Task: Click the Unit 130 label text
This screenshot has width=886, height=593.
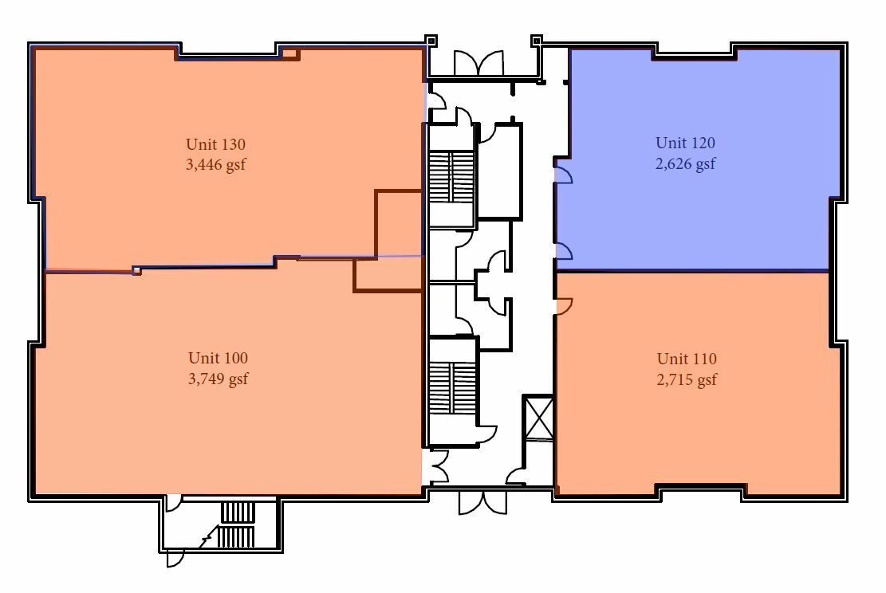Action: tap(215, 144)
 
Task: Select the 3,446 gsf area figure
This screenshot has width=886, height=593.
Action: tap(215, 165)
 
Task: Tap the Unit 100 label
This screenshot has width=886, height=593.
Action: tap(218, 358)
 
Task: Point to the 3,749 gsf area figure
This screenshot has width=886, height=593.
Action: tap(218, 379)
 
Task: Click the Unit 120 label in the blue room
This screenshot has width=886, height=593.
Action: tap(685, 143)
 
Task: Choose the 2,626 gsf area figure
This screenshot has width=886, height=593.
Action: tap(685, 163)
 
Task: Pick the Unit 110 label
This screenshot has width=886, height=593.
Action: tap(687, 359)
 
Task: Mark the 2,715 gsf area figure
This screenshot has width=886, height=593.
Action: tap(687, 379)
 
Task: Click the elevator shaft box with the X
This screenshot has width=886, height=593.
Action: tap(538, 418)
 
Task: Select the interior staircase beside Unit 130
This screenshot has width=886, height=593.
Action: tap(451, 177)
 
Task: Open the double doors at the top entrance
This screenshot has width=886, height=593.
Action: tap(478, 63)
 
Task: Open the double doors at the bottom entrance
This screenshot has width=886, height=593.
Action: tap(482, 502)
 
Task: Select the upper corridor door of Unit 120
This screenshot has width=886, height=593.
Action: tap(564, 174)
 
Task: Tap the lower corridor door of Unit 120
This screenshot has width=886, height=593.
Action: tap(564, 250)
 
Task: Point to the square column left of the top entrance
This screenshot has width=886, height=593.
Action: tap(431, 41)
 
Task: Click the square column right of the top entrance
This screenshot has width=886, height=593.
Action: tap(537, 41)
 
